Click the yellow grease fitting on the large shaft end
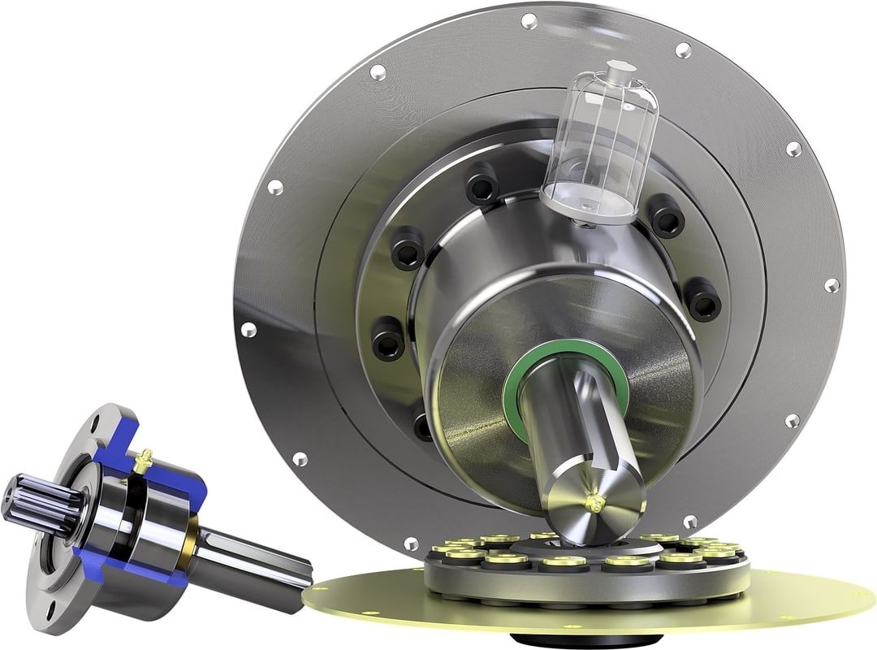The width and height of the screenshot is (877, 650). pyautogui.click(x=597, y=503)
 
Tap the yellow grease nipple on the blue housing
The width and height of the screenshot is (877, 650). pyautogui.click(x=145, y=460)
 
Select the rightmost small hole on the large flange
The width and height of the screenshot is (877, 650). pyautogui.click(x=832, y=285)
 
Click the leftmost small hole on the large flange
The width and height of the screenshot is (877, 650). pyautogui.click(x=248, y=330)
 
